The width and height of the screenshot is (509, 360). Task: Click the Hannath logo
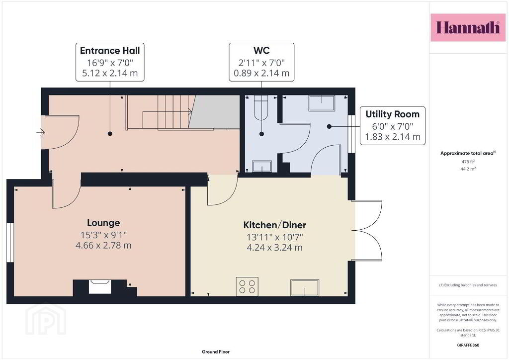click(468, 27)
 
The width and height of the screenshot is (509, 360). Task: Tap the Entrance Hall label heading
click(110, 51)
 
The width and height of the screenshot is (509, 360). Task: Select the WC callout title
click(261, 50)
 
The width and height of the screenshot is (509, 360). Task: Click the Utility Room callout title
click(393, 114)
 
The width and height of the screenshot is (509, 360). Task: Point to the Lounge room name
click(103, 223)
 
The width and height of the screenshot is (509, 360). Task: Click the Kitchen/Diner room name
click(274, 225)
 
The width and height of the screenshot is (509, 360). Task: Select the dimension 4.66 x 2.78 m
click(103, 246)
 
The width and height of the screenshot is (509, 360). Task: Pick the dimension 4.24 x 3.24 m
click(274, 248)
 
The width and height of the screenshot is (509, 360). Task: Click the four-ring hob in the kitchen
click(247, 286)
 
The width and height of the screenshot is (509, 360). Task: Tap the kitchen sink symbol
click(305, 287)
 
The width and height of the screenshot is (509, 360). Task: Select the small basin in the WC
click(261, 166)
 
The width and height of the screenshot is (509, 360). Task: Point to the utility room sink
click(322, 103)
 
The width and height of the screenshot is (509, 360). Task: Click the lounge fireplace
click(100, 286)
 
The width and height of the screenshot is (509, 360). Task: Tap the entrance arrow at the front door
click(40, 132)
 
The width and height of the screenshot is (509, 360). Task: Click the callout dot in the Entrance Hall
click(110, 134)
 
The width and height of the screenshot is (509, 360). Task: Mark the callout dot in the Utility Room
click(329, 127)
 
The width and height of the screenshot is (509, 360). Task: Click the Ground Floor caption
click(216, 352)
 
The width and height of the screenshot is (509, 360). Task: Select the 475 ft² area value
click(468, 161)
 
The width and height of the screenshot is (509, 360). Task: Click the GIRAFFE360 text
click(468, 345)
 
